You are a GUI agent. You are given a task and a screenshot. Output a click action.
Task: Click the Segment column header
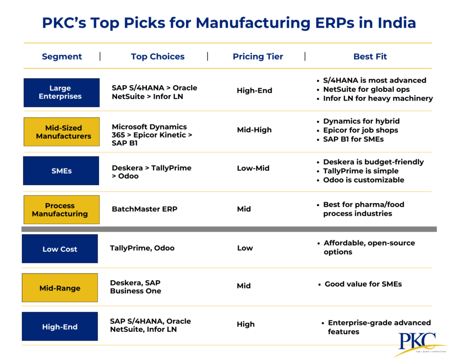click(x=62, y=56)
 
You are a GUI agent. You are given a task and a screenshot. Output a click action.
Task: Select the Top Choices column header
click(x=157, y=56)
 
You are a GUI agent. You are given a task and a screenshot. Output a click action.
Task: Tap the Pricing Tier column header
click(x=258, y=56)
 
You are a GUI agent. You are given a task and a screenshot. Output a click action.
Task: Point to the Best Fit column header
click(x=370, y=56)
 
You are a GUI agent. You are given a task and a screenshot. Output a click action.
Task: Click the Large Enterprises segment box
click(x=62, y=92)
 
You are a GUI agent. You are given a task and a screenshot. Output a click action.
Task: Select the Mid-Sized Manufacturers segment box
click(x=62, y=132)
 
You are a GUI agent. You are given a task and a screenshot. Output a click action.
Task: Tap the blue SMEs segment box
click(x=61, y=171)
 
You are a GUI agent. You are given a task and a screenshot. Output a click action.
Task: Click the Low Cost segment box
click(x=60, y=249)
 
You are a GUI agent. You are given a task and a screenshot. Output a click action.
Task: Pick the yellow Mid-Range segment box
click(x=60, y=288)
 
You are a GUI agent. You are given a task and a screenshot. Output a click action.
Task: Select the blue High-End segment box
click(x=60, y=327)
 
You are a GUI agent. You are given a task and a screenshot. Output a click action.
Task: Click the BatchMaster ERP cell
click(x=145, y=209)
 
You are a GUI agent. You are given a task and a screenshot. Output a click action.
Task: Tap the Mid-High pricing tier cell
click(x=254, y=130)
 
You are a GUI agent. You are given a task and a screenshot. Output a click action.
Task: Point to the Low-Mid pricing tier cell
click(x=253, y=168)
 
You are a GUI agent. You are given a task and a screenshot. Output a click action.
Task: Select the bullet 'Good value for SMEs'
click(x=363, y=284)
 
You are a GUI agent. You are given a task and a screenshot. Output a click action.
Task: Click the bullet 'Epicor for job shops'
click(x=360, y=130)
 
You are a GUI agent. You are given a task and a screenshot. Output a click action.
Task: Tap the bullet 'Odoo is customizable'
click(x=363, y=180)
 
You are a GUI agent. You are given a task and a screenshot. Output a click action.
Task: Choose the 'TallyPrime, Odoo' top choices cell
click(x=142, y=248)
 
